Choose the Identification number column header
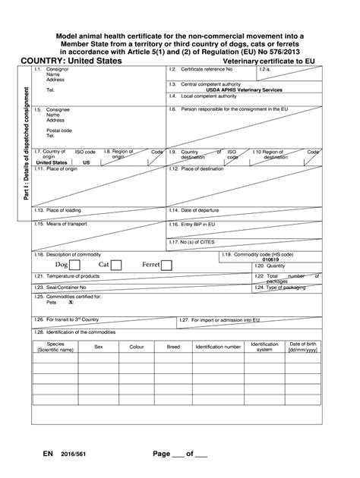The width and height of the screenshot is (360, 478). pos(218,347)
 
